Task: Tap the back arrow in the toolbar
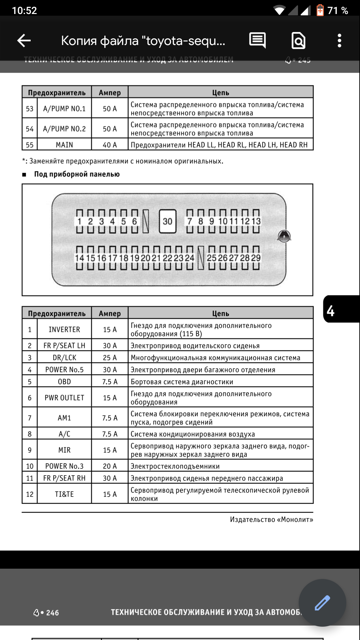(24, 41)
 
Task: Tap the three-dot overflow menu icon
(339, 41)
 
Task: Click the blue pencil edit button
(322, 603)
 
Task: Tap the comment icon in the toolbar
(257, 40)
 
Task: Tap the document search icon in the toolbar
(298, 41)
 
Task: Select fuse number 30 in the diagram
(168, 221)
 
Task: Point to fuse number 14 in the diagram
(79, 258)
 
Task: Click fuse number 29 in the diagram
(256, 258)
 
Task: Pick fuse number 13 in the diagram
(256, 221)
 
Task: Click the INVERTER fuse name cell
(64, 330)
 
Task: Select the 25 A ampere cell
(110, 358)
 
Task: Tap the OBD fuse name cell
(64, 382)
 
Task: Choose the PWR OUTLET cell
(64, 398)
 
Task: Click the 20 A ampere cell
(110, 466)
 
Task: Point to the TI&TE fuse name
(64, 494)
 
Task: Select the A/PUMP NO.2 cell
(64, 129)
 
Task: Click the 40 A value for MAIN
(110, 145)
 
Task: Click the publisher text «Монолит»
(271, 519)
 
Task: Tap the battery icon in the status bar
(320, 10)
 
